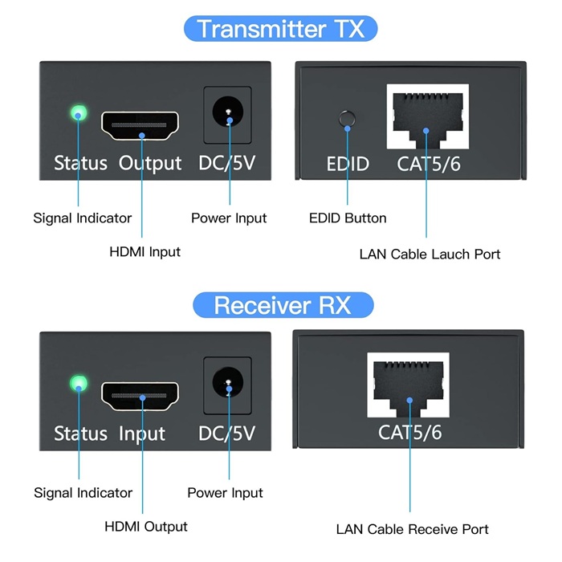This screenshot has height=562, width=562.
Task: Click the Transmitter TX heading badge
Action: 281,28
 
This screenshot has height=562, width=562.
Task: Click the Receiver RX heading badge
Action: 283,306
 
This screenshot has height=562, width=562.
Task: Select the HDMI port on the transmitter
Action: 140,124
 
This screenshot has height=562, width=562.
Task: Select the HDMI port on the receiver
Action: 140,395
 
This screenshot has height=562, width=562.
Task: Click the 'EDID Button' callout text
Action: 348,218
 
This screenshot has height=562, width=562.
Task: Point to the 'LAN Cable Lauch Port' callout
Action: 430,255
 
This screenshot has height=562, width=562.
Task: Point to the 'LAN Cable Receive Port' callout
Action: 412,529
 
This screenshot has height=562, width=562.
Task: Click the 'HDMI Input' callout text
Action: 145,252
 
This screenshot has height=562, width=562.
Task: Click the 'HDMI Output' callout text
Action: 145,527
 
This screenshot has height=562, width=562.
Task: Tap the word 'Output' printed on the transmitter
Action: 150,164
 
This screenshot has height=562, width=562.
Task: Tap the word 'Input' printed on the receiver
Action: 142,434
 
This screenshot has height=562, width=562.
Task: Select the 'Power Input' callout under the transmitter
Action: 229,218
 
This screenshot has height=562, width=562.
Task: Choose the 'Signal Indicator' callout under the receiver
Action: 83,493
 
